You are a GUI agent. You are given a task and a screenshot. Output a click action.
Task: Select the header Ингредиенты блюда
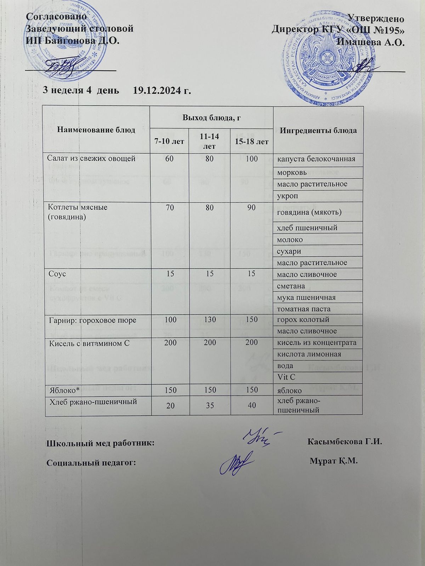(318, 130)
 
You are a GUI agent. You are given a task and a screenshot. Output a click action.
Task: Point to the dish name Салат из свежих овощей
(91, 158)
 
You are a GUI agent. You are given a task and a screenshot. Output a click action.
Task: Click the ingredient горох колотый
(303, 319)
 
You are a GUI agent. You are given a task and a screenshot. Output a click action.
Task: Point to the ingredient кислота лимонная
(309, 354)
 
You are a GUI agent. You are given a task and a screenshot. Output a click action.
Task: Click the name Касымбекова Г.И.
(346, 442)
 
